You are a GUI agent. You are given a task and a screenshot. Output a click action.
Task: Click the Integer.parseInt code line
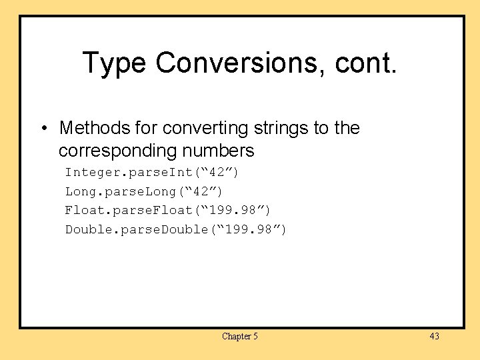click(152, 173)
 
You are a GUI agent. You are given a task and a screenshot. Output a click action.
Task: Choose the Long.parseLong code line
click(144, 191)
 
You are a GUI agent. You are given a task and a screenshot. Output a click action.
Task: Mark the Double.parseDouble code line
click(176, 230)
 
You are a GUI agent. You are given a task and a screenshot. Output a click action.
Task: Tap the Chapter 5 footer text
click(240, 337)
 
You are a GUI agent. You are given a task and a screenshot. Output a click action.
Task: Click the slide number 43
click(434, 336)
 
